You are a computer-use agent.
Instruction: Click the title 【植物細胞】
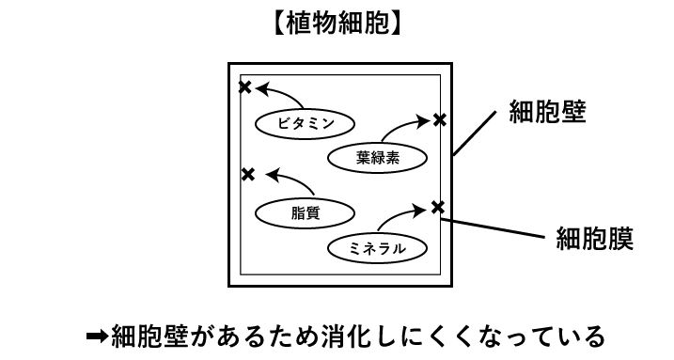(x=337, y=23)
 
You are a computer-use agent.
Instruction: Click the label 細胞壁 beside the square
(x=547, y=112)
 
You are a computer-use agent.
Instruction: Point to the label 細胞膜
(x=594, y=238)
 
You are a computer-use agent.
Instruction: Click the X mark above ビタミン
(x=244, y=87)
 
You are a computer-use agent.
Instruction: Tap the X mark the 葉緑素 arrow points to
(x=439, y=120)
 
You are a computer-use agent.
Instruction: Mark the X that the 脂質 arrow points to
(x=248, y=175)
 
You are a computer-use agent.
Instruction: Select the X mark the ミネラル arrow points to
(x=437, y=208)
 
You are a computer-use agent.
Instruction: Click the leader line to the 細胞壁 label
(x=474, y=133)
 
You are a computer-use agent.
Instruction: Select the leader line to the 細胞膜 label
(x=493, y=227)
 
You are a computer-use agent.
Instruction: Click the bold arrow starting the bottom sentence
(x=98, y=336)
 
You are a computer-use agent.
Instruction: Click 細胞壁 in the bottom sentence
(x=149, y=336)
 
